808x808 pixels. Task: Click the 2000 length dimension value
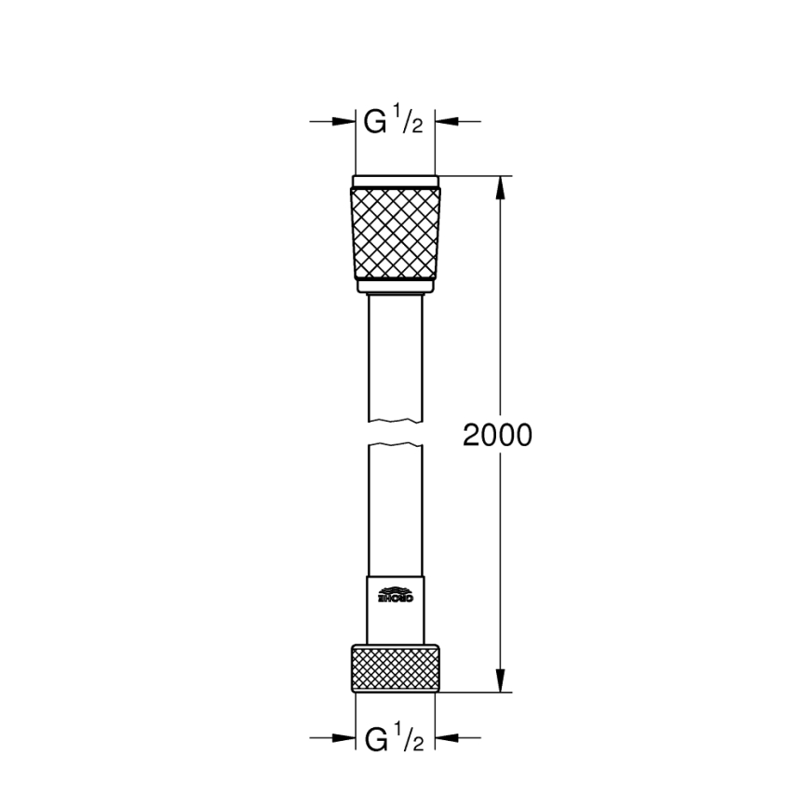(498, 435)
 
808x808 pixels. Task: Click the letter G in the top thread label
(375, 122)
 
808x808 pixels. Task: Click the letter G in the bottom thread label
(375, 740)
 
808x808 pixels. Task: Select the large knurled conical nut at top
(395, 232)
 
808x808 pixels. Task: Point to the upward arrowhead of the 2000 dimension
(502, 187)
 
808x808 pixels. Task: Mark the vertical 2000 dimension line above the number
(502, 307)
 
